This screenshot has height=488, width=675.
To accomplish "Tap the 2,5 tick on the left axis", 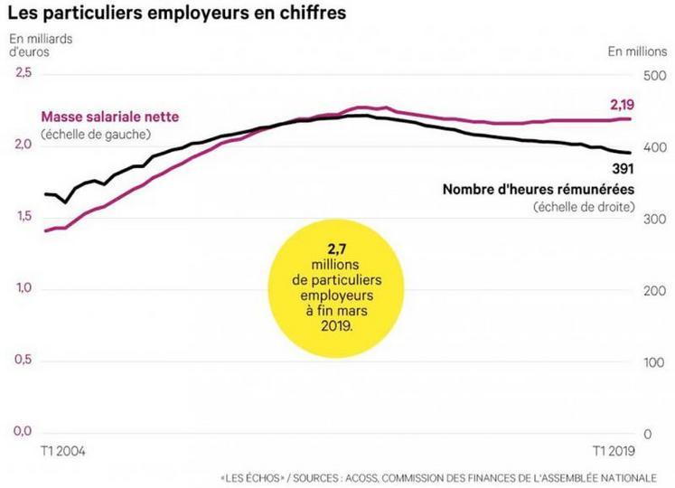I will coord(21,72).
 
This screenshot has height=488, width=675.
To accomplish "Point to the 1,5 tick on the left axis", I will coord(21,216).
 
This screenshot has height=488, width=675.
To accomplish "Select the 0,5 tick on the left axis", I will coord(21,360).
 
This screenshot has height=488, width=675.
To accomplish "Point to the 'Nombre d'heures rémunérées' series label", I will coord(539,190).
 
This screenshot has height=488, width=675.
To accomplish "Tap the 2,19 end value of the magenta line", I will coord(623,106).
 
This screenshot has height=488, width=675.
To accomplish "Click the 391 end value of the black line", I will coord(623,168).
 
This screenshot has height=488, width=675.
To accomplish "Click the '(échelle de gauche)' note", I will coord(97,135).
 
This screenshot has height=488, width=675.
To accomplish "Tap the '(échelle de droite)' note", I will coord(583,208).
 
